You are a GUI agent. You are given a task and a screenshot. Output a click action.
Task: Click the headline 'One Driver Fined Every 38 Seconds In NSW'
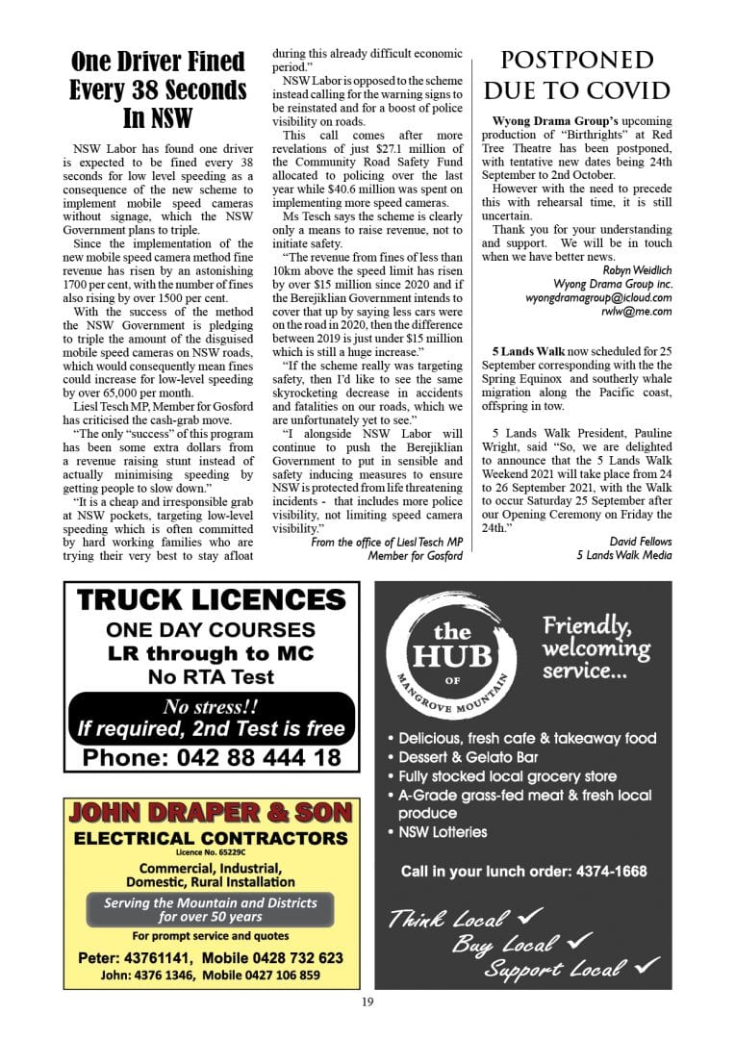tap(158, 90)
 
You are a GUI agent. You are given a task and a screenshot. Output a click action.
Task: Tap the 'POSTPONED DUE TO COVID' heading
tap(576, 76)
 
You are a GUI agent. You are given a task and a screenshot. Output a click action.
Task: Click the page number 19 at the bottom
tap(367, 1001)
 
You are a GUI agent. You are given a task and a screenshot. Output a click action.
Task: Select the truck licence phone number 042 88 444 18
tap(212, 757)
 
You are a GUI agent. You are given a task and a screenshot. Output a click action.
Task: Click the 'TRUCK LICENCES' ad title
tap(212, 600)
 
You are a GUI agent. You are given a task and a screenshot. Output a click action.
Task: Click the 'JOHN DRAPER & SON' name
tap(211, 813)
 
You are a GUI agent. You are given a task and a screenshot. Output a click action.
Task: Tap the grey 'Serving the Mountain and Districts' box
tap(211, 909)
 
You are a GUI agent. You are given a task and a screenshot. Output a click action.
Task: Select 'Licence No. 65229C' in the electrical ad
tap(211, 852)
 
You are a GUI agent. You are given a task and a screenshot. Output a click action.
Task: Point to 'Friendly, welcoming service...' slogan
tap(596, 647)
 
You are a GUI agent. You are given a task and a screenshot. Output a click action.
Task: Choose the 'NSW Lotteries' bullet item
tap(443, 832)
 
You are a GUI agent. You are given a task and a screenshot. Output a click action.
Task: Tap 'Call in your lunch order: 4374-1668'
tap(523, 872)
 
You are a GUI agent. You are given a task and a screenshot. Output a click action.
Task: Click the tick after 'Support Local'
tap(646, 964)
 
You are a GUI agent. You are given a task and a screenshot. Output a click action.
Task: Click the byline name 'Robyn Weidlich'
tap(632, 270)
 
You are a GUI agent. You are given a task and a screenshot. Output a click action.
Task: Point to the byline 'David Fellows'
tap(641, 542)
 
